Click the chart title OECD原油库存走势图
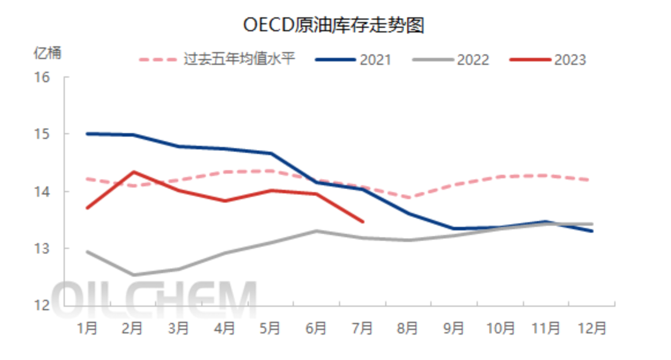click(334, 25)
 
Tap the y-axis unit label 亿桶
click(47, 53)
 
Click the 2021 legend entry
click(353, 60)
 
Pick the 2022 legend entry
click(451, 60)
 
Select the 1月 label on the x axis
click(87, 328)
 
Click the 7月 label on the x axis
click(362, 328)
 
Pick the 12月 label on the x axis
click(592, 328)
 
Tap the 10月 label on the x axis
click(500, 328)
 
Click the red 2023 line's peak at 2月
click(133, 172)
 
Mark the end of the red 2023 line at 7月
click(363, 222)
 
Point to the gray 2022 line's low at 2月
click(133, 275)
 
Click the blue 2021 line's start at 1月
click(87, 134)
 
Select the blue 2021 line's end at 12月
click(592, 231)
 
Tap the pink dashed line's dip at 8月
click(408, 197)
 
